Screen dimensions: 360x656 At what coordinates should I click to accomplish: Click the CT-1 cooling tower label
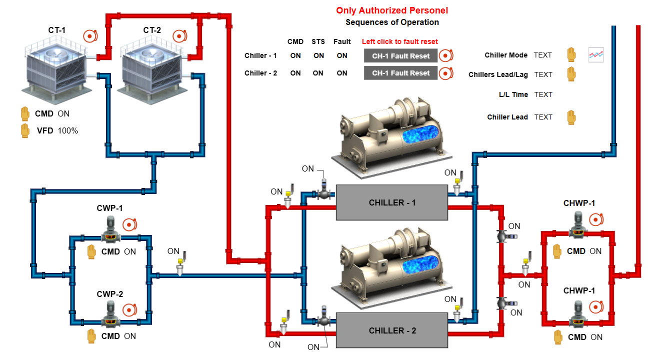57,30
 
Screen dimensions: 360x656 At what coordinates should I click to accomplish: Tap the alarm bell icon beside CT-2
179,36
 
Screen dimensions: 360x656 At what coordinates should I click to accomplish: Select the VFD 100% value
68,131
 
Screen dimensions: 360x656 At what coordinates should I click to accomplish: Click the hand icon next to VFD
25,131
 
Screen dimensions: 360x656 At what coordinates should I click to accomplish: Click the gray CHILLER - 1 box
391,202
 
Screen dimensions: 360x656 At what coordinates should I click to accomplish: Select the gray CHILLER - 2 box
391,330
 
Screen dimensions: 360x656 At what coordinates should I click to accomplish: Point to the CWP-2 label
109,294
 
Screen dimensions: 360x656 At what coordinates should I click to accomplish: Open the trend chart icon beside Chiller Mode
596,55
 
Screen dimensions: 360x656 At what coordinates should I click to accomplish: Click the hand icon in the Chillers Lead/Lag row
571,74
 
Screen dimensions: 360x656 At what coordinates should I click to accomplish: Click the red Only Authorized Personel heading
392,10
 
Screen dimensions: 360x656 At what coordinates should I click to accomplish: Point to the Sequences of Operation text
392,22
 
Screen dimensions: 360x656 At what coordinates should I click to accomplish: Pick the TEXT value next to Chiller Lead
543,117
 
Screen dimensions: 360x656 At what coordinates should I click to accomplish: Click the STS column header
318,41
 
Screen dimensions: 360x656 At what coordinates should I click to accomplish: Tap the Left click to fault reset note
399,41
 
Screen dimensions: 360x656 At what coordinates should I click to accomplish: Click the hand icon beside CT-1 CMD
25,113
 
